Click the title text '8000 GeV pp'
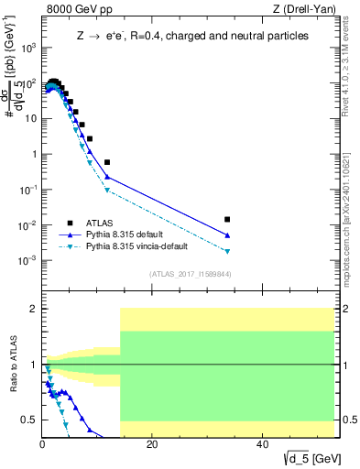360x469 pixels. click(x=71, y=10)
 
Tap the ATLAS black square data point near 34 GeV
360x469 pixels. click(x=227, y=220)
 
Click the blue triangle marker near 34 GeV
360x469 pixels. click(x=227, y=235)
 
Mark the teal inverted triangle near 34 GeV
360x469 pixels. click(x=227, y=251)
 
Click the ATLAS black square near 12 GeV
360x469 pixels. click(x=107, y=162)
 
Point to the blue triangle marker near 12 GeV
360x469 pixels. click(x=107, y=177)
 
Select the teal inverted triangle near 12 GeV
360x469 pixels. click(x=107, y=191)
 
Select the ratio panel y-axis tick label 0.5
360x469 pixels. click(x=29, y=420)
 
